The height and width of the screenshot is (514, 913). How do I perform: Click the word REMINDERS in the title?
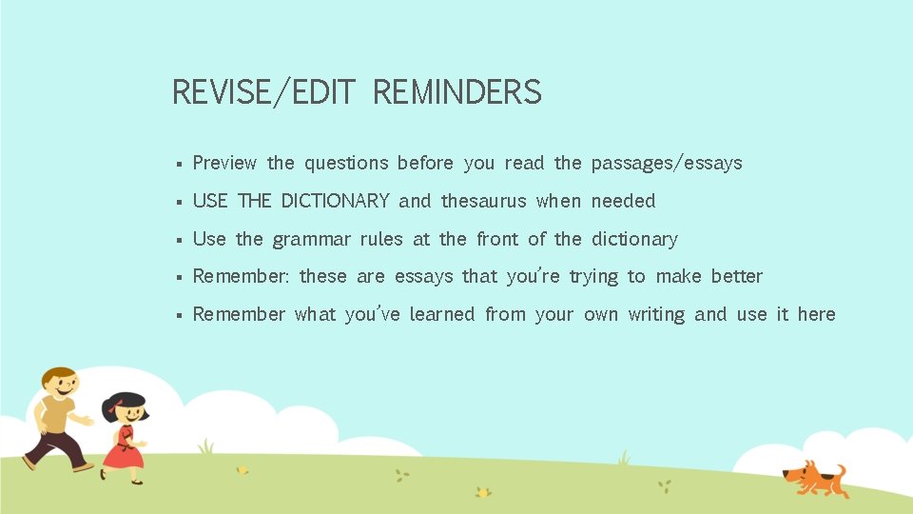click(x=456, y=92)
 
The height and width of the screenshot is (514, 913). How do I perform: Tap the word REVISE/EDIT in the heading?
click(x=263, y=92)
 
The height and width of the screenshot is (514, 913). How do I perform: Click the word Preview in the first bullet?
click(x=224, y=163)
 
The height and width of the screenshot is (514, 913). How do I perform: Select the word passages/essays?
click(x=666, y=164)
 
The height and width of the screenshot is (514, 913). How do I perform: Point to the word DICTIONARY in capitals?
click(x=335, y=201)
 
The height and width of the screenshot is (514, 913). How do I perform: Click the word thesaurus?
click(x=483, y=201)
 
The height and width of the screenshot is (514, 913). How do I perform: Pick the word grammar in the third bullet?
click(x=311, y=240)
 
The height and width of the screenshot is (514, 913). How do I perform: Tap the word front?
click(x=496, y=239)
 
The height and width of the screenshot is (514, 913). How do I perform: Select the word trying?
click(x=593, y=277)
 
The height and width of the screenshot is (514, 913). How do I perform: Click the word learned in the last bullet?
click(x=441, y=314)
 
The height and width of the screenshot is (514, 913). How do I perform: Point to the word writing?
click(x=655, y=315)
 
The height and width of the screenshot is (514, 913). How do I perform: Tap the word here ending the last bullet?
click(x=816, y=314)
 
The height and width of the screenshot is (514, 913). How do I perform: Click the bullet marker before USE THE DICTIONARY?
click(x=179, y=202)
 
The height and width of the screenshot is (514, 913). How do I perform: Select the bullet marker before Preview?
click(x=179, y=164)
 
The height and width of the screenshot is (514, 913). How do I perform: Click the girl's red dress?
click(x=123, y=449)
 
